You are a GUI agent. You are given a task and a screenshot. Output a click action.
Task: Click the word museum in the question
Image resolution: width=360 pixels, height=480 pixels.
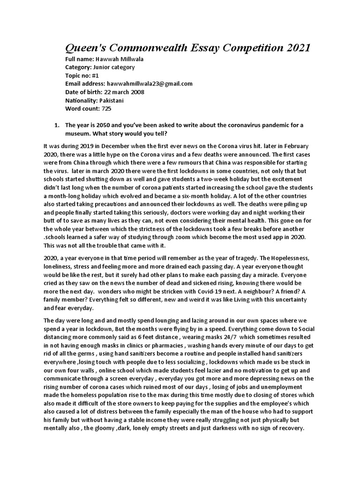78,133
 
